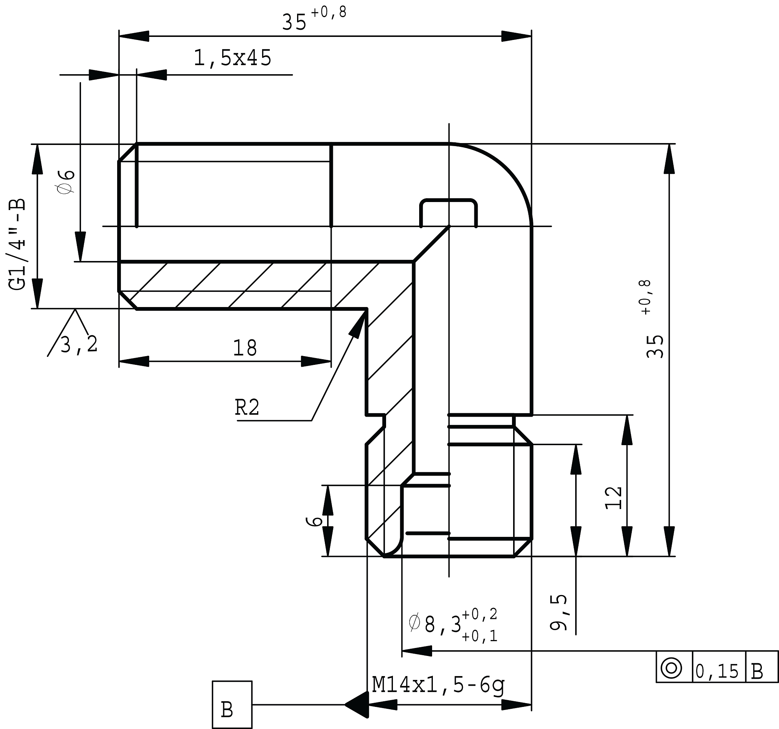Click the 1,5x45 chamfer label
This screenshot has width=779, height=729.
232,58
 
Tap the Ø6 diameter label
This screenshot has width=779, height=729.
66,182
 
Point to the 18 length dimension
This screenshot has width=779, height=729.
245,348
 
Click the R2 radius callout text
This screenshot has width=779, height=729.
247,407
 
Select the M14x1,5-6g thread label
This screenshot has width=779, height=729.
438,685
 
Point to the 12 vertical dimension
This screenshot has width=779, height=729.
614,498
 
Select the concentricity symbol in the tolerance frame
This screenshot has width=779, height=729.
671,668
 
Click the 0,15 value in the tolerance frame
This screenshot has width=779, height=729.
717,672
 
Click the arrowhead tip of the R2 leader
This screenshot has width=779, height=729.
366,310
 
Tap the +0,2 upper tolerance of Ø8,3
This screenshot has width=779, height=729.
480,614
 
